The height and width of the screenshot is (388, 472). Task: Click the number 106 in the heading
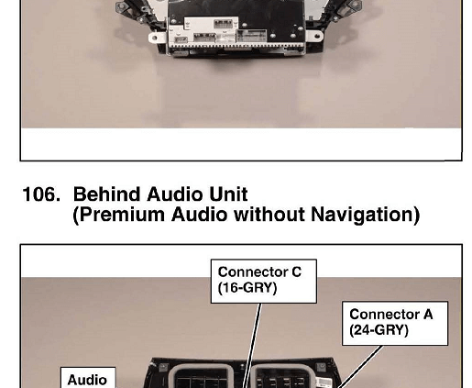pyautogui.click(x=41, y=194)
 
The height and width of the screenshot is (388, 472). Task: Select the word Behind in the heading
pyautogui.click(x=106, y=194)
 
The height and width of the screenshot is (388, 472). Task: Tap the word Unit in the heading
pyautogui.click(x=228, y=194)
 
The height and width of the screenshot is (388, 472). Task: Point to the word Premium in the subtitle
pyautogui.click(x=122, y=215)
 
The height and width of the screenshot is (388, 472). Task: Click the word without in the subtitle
pyautogui.click(x=269, y=215)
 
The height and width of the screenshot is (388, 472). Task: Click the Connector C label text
pyautogui.click(x=259, y=272)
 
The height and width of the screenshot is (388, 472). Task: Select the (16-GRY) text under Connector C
pyautogui.click(x=247, y=288)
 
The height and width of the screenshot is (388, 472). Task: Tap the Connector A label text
pyautogui.click(x=391, y=315)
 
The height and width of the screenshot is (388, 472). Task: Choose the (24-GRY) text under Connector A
pyautogui.click(x=379, y=330)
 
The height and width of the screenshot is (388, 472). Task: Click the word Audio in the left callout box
pyautogui.click(x=87, y=380)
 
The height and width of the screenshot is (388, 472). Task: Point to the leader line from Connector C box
pyautogui.click(x=252, y=346)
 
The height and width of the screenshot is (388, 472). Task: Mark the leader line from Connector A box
pyautogui.click(x=359, y=367)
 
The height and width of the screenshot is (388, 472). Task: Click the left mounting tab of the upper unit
pyautogui.click(x=158, y=38)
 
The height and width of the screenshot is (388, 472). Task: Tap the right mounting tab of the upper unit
pyautogui.click(x=314, y=36)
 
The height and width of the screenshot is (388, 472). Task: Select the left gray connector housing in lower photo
pyautogui.click(x=202, y=376)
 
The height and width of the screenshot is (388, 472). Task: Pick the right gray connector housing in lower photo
pyautogui.click(x=282, y=376)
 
